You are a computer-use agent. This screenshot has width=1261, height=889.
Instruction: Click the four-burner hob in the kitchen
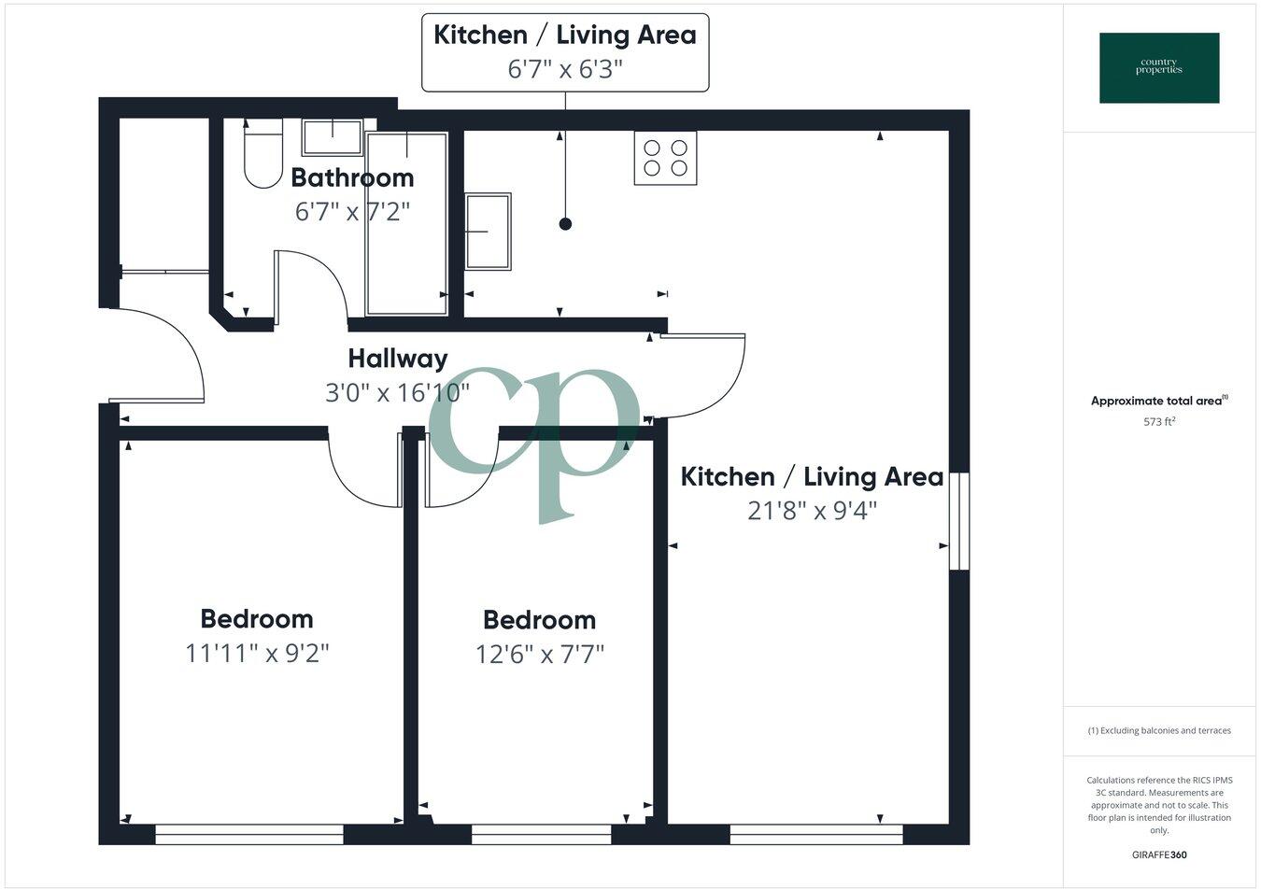(x=665, y=158)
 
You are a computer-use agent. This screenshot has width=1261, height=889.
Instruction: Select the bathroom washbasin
(x=332, y=137)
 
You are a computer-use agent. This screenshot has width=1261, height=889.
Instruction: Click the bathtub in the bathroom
(x=406, y=224)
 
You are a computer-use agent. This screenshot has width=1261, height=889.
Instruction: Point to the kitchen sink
(x=488, y=232)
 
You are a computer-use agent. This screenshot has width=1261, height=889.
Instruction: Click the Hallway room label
(x=397, y=359)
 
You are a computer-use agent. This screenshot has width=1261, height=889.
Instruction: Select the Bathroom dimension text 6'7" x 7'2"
(x=352, y=212)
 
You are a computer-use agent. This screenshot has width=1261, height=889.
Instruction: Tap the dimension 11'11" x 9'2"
(x=257, y=653)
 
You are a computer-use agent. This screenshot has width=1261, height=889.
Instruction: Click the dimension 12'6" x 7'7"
(x=539, y=654)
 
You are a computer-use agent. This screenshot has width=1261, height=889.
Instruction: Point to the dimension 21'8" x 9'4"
(x=812, y=511)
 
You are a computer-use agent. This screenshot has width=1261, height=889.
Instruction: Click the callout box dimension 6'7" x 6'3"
(x=564, y=69)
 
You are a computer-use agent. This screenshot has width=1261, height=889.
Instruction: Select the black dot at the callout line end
(x=564, y=224)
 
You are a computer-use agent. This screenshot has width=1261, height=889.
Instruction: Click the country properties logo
(x=1158, y=68)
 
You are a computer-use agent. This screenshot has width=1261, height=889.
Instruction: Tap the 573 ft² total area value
(x=1159, y=421)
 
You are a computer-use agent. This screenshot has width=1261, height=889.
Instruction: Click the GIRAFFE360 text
(x=1159, y=854)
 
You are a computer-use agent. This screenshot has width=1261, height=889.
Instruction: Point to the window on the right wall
(x=959, y=521)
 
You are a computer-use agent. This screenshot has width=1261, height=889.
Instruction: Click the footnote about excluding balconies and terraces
(x=1159, y=730)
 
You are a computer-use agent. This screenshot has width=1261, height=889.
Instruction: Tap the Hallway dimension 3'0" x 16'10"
(x=397, y=393)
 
